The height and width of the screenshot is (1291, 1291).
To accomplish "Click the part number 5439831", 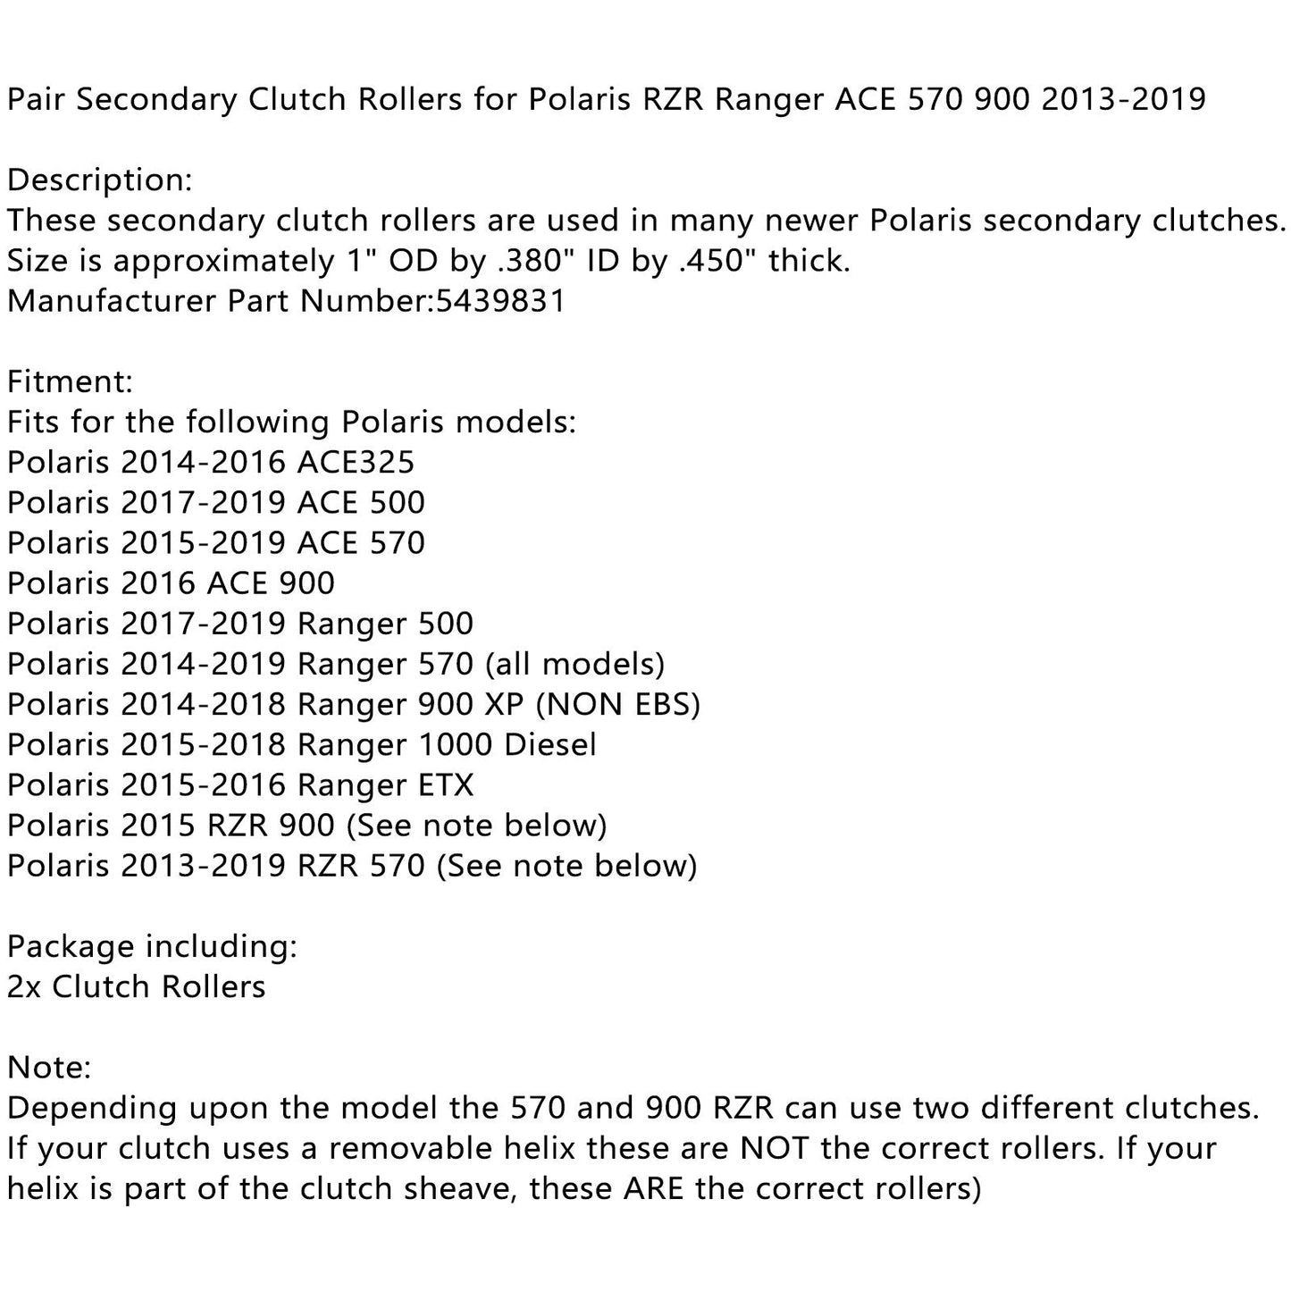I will pos(500,301).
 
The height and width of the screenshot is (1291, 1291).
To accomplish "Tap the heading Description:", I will pos(99,180).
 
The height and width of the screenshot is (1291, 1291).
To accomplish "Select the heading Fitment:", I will pos(70,382).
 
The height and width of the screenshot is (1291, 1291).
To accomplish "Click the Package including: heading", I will pos(152,946).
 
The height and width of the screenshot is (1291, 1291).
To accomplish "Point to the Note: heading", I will pos(49,1068).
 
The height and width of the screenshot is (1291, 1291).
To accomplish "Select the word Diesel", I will pos(549,745).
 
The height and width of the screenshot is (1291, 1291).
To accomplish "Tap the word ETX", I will pos(445,785).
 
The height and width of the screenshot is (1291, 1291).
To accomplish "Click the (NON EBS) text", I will pos(617,705).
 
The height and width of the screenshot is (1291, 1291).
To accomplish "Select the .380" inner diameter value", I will pos(527,261).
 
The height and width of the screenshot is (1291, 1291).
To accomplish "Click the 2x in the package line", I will pos(24,987).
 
